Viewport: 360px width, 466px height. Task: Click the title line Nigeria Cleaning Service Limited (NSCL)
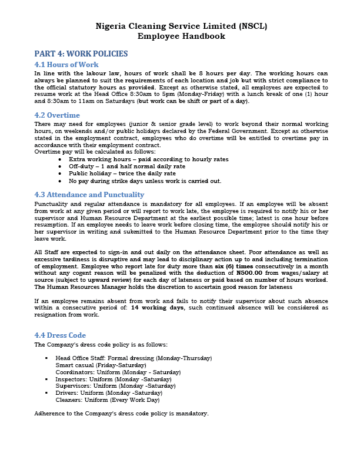coord(180,26)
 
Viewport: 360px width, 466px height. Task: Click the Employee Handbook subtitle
coord(180,36)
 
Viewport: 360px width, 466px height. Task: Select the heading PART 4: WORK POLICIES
coord(81,54)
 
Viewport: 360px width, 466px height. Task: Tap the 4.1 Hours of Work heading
coord(66,65)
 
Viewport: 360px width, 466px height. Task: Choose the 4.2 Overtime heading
coord(57,115)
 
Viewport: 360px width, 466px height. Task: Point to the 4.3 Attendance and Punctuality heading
coord(89,195)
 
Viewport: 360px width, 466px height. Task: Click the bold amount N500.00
coord(250,273)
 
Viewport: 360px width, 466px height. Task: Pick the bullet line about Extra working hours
coord(148,159)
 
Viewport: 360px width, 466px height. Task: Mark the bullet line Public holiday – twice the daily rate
coord(122,174)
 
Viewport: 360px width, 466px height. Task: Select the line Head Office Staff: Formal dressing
coord(134,358)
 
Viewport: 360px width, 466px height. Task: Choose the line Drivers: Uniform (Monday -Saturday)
coord(109,392)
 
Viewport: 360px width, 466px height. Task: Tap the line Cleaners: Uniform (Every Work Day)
coord(108,400)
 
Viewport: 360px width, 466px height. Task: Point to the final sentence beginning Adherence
coord(121,414)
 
